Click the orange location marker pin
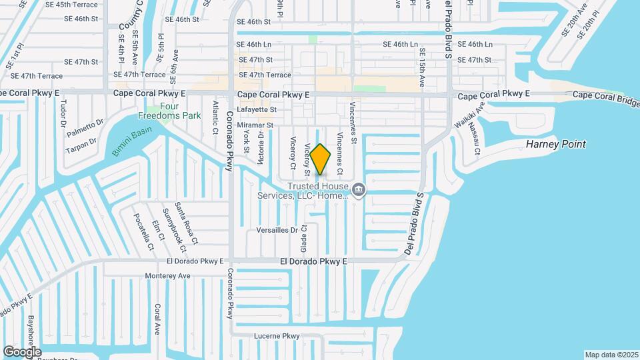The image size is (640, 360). [x=320, y=159]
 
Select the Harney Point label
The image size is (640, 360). [x=555, y=144]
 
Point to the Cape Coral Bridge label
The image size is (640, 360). [x=607, y=97]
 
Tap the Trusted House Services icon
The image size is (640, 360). [x=359, y=191]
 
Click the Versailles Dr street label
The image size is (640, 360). [x=277, y=230]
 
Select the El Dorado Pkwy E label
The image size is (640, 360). [x=313, y=262]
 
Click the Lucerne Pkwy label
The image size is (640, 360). [x=277, y=336]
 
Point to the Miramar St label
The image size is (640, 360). [x=251, y=125]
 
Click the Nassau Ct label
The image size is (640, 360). [x=474, y=138]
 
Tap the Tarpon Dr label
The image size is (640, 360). [x=81, y=145]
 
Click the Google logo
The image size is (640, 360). [x=22, y=351]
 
